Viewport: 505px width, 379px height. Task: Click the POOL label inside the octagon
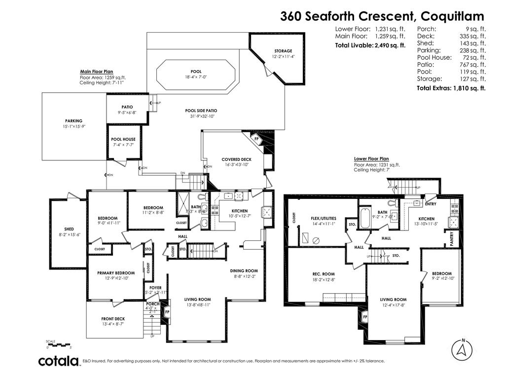[196, 72]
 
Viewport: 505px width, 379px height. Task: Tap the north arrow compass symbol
[463, 349]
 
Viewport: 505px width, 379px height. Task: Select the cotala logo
[59, 361]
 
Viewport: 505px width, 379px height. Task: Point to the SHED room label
[69, 229]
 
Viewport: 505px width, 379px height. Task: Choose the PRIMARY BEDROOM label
[116, 273]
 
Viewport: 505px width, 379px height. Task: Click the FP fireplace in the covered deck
[256, 139]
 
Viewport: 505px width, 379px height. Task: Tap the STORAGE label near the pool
[283, 51]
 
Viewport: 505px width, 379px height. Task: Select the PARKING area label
[73, 121]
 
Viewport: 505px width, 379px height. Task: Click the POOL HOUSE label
[123, 139]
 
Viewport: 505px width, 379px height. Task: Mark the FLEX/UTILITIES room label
[323, 218]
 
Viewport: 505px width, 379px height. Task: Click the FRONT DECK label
[113, 319]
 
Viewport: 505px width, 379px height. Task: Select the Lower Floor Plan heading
[371, 159]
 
